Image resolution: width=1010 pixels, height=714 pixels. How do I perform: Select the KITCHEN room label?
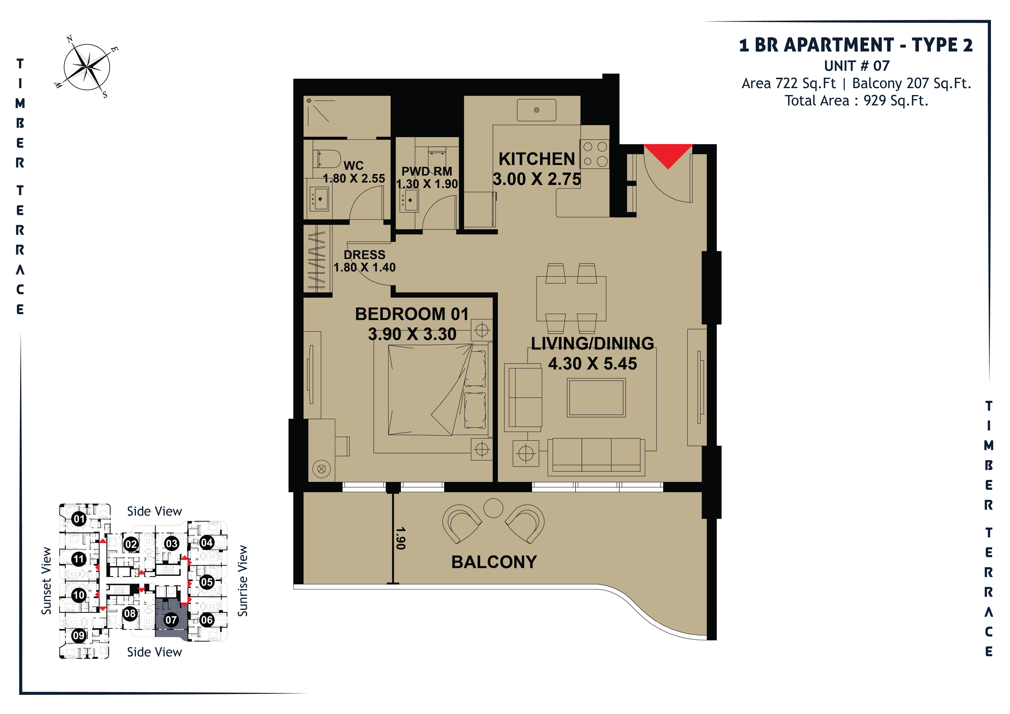click(x=537, y=159)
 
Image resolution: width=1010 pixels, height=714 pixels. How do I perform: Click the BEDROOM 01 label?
click(x=412, y=314)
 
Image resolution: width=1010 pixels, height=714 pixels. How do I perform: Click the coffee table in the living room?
click(x=596, y=397)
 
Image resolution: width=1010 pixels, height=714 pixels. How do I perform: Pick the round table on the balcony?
click(x=493, y=508)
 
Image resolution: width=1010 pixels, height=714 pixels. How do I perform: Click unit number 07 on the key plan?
click(x=171, y=620)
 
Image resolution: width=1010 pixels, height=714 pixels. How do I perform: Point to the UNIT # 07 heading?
click(x=857, y=66)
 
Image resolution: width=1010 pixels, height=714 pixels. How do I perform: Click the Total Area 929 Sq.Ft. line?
click(x=857, y=101)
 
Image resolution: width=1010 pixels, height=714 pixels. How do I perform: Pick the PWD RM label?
click(x=427, y=171)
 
